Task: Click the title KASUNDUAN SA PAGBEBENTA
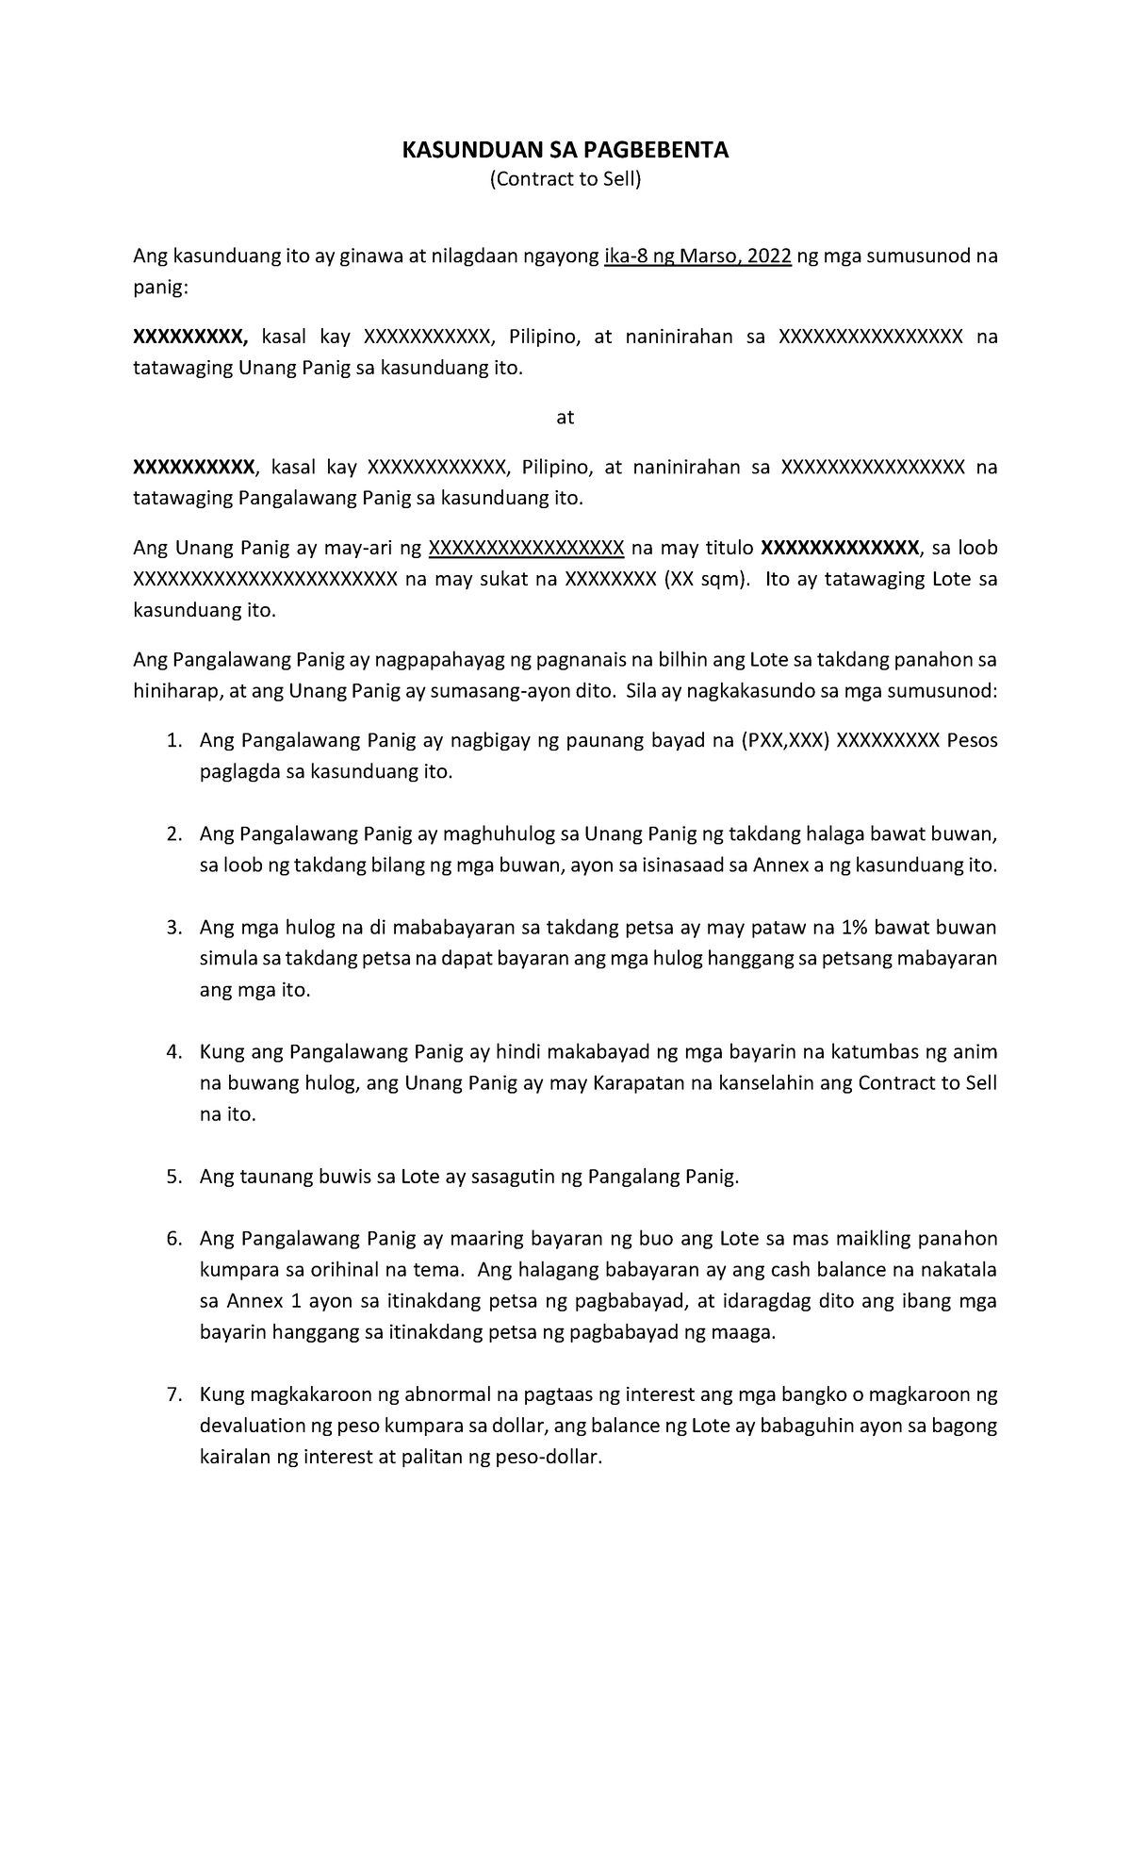[565, 150]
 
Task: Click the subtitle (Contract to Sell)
[565, 179]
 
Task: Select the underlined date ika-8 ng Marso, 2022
[697, 256]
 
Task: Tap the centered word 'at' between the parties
[565, 417]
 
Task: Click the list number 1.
[172, 741]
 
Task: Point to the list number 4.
[172, 1052]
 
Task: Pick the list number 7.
[172, 1394]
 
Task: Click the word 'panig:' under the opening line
[160, 288]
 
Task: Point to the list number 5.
[172, 1177]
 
